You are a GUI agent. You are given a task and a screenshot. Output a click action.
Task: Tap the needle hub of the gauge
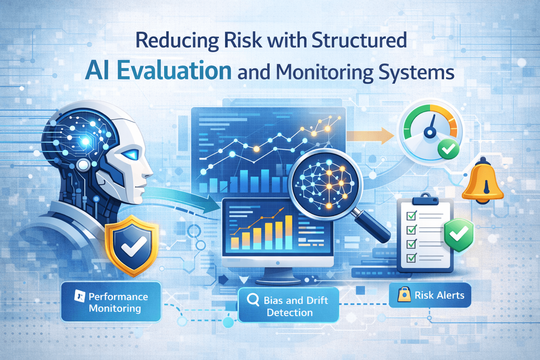click(x=429, y=132)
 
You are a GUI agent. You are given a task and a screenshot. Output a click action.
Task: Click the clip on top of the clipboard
click(x=425, y=199)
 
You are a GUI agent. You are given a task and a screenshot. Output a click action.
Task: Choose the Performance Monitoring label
click(x=111, y=302)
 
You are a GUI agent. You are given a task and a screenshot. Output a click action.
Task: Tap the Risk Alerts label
click(x=430, y=295)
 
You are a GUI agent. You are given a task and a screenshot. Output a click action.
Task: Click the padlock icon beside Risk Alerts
click(x=404, y=295)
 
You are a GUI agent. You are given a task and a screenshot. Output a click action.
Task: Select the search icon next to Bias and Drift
click(x=253, y=300)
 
